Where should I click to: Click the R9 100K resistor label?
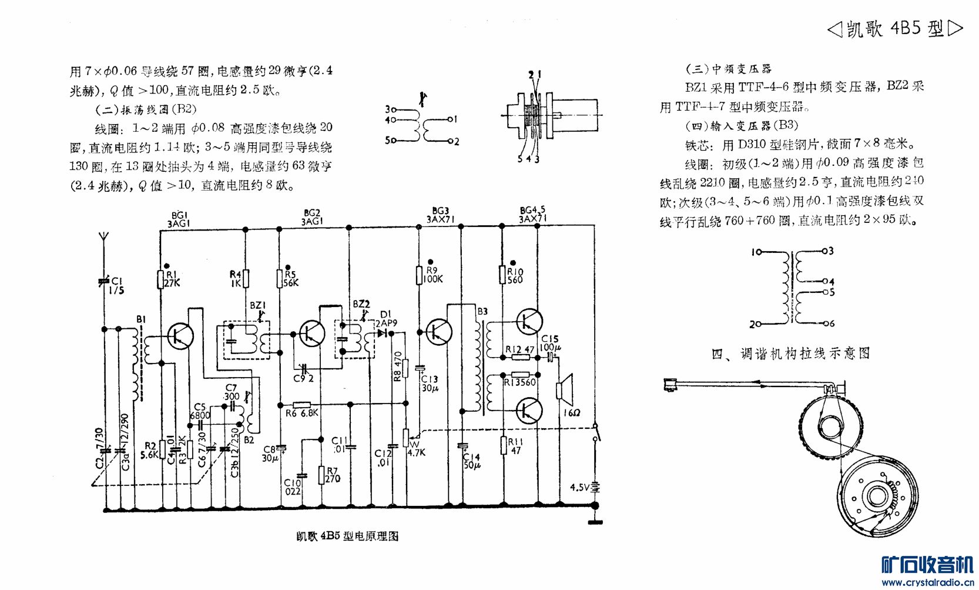[432, 275]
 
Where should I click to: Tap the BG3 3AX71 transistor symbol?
[438, 332]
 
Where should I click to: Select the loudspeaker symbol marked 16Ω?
[565, 388]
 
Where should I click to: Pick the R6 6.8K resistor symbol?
[301, 405]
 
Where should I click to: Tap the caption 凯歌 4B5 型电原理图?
[347, 536]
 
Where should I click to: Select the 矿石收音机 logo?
[927, 565]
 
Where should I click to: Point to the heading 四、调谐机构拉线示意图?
[790, 354]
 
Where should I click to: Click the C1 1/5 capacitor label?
[117, 286]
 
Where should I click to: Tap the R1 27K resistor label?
[172, 278]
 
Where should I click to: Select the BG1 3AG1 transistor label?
[179, 219]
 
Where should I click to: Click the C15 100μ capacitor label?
[550, 343]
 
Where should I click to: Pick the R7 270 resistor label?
[333, 475]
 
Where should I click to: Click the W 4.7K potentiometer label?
[416, 449]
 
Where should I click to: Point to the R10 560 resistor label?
[515, 275]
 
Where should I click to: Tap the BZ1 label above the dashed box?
[258, 305]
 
